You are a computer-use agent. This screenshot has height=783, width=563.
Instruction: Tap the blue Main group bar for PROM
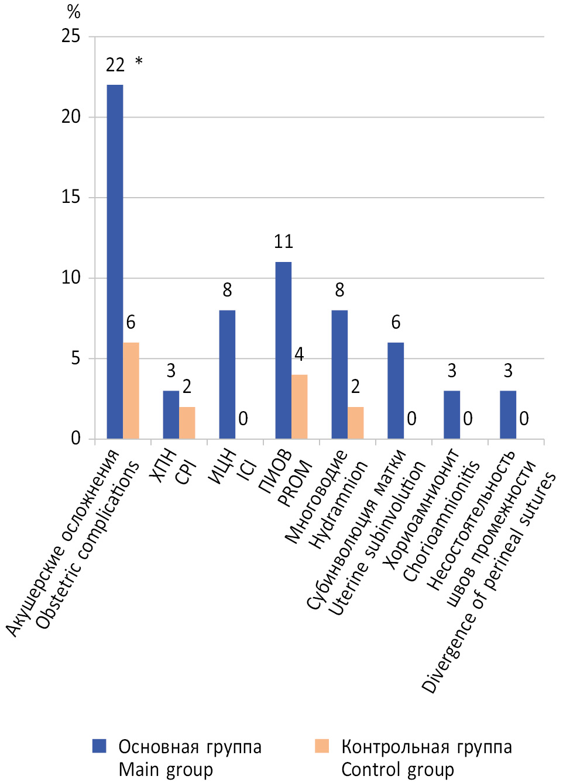[283, 350]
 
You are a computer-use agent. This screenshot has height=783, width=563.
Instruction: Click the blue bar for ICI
[227, 374]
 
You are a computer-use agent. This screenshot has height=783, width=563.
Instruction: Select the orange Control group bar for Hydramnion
[356, 423]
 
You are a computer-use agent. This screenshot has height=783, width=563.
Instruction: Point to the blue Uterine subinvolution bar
[396, 391]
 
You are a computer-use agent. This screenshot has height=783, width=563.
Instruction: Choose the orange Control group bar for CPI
[187, 423]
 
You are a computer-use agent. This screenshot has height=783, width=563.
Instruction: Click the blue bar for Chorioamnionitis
[452, 415]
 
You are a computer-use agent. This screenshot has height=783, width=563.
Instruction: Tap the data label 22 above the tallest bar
[115, 65]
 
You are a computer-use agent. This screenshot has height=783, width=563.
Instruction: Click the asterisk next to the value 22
[139, 61]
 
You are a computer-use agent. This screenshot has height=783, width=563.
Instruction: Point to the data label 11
[283, 242]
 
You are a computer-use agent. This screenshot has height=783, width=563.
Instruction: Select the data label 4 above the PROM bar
[299, 354]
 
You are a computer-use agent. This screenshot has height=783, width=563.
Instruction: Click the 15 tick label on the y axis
[71, 197]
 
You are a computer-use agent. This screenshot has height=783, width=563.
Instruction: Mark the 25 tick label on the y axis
[71, 36]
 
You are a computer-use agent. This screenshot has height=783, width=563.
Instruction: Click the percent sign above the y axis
[73, 11]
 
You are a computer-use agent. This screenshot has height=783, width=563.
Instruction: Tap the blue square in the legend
[99, 746]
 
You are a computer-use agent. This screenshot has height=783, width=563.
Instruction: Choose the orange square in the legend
[322, 746]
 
